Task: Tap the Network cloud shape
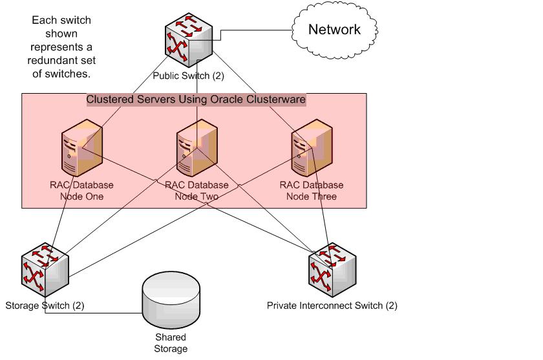click(334, 30)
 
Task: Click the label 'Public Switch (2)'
click(188, 76)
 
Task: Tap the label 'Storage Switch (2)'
click(45, 305)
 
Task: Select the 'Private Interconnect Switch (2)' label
click(332, 305)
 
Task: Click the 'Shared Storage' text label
click(170, 343)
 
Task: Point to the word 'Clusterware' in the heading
click(275, 100)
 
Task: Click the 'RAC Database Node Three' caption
click(312, 191)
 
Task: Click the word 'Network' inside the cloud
click(334, 30)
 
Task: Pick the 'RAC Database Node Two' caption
click(197, 191)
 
